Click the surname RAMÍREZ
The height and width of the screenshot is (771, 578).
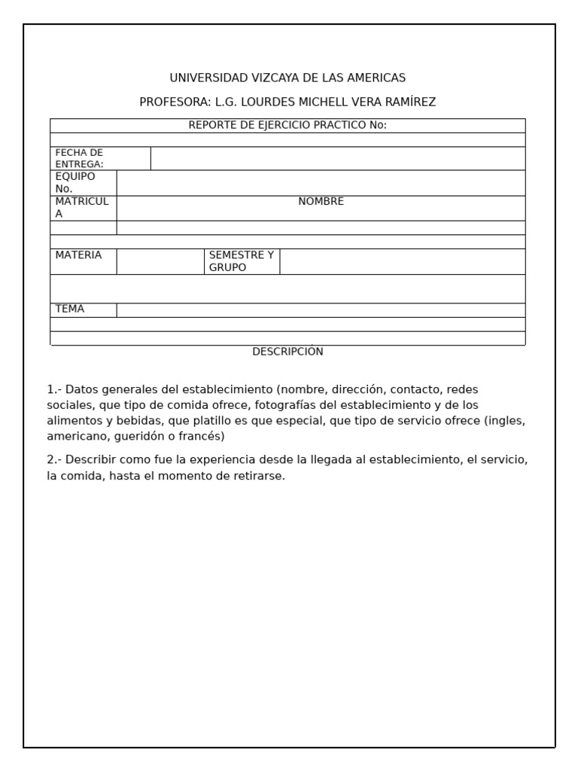tap(409, 102)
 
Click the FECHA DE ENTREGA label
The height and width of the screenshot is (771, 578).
tap(80, 158)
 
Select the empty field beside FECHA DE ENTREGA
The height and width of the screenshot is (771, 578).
tap(337, 158)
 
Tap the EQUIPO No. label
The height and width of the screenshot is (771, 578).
tap(75, 182)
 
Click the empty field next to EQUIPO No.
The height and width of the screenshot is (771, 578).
tap(321, 182)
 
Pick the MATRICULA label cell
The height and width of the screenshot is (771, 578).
tap(82, 208)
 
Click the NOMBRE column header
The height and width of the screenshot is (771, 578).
tap(321, 202)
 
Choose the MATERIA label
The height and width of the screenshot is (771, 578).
tap(78, 255)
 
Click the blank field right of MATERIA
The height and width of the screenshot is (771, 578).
tap(160, 261)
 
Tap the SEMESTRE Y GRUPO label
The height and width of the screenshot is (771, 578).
tap(241, 261)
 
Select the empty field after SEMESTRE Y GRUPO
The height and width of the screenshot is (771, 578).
tap(402, 261)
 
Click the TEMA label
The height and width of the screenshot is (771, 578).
tap(70, 309)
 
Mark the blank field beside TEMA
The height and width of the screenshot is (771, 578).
tap(321, 310)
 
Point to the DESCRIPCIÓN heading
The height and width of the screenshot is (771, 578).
tap(287, 352)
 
